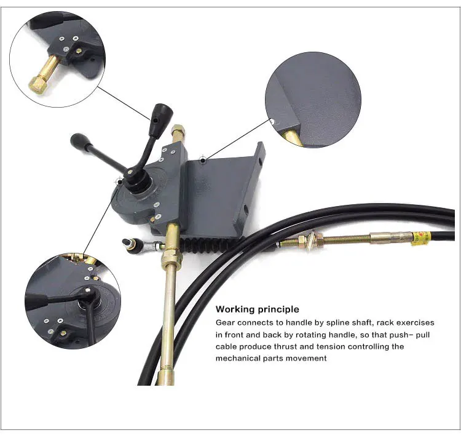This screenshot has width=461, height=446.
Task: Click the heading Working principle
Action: [258, 309]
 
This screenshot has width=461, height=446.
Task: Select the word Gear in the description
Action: [225, 322]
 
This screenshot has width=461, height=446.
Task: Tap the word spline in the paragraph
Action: [330, 322]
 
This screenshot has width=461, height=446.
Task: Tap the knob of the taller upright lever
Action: [161, 114]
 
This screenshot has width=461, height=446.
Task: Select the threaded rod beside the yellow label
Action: [344, 239]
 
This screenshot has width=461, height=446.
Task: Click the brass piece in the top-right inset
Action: [293, 136]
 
